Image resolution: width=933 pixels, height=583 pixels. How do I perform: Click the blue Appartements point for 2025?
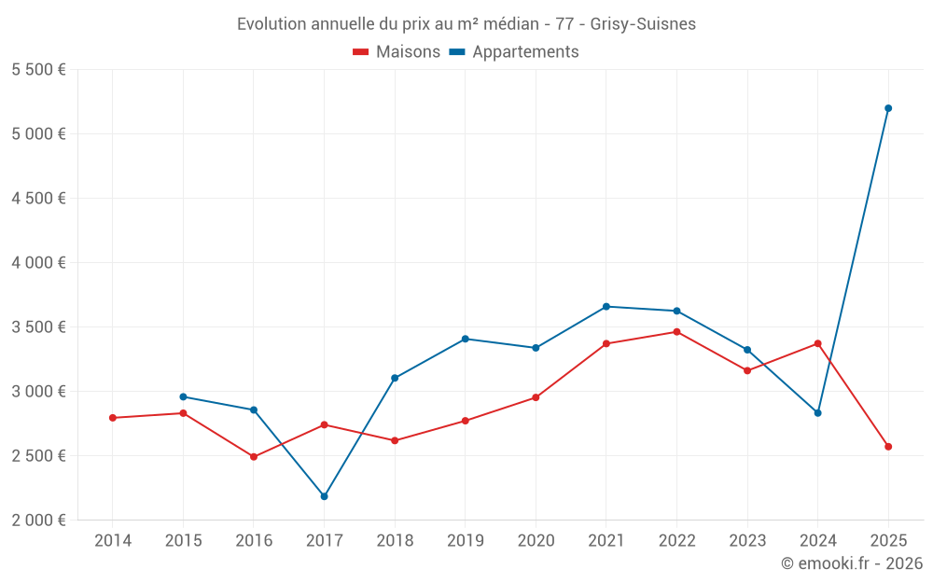tap(888, 108)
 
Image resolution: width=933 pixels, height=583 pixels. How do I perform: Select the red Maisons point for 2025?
tap(888, 447)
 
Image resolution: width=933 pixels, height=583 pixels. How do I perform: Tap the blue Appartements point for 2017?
tap(324, 496)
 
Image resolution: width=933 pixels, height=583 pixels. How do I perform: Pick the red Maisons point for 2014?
tap(113, 418)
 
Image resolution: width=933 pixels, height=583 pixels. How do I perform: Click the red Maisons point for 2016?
tap(254, 457)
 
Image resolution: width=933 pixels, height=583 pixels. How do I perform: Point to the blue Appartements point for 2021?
tap(606, 306)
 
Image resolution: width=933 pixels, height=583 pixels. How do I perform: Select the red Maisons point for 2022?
tap(676, 332)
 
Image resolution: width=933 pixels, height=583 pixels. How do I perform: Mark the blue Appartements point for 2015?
tap(183, 396)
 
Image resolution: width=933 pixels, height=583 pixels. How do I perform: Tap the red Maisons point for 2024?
tap(817, 343)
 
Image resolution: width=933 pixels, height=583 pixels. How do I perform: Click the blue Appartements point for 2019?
tap(466, 339)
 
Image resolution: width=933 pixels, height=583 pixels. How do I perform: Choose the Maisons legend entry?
tap(397, 52)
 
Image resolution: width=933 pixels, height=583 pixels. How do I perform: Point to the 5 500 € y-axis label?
tap(38, 70)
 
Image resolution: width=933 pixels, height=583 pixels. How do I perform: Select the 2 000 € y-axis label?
tap(38, 521)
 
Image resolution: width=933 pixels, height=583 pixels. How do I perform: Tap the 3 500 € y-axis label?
tap(38, 327)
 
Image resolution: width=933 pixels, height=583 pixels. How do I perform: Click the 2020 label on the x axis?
tap(536, 541)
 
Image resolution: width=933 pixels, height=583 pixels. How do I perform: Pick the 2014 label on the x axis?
tap(113, 541)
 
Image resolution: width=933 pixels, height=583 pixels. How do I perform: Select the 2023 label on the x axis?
tap(747, 541)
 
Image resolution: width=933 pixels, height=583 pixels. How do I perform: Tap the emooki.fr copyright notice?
tap(852, 563)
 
